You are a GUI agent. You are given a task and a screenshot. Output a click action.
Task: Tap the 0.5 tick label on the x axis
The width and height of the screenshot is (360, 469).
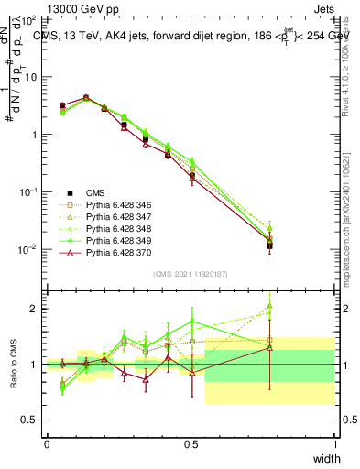coord(191,443)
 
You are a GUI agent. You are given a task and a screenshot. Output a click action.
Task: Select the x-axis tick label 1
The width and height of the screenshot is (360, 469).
coord(335,443)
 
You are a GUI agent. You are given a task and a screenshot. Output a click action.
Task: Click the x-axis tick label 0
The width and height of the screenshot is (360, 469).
coord(47,443)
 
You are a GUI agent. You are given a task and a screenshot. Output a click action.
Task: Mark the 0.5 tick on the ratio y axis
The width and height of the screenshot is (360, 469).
coord(31,420)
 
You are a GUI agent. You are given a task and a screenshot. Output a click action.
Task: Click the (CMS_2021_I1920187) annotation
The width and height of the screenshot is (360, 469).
coord(191,274)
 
